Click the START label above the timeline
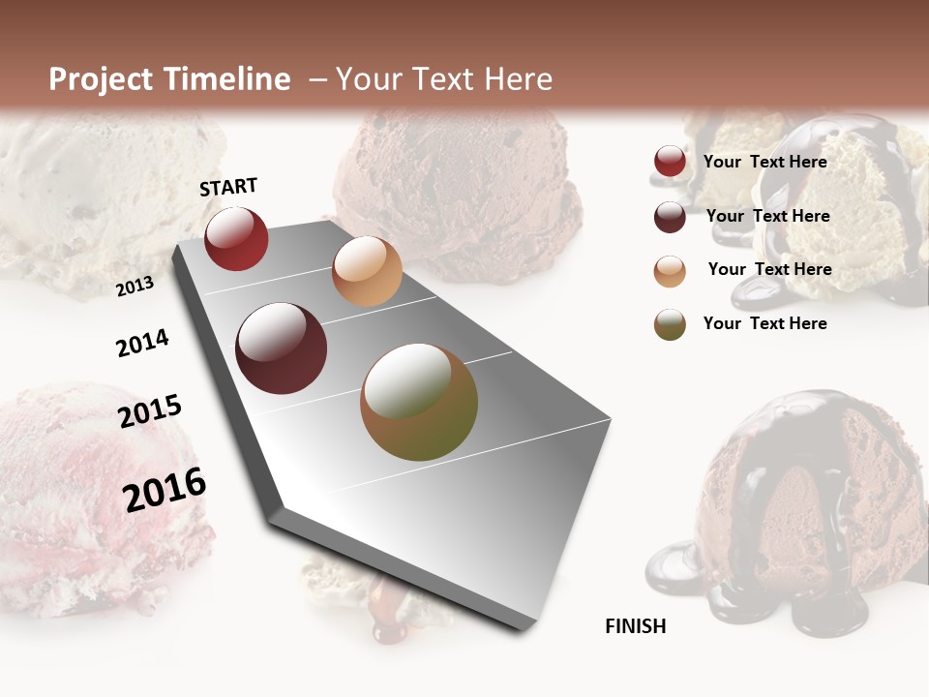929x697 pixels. [228, 187]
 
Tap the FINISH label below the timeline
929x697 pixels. [635, 626]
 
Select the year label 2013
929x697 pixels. [135, 286]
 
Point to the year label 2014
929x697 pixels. [142, 343]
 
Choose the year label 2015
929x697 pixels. [150, 411]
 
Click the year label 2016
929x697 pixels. [165, 489]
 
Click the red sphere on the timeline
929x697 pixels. [236, 238]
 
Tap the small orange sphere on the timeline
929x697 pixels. [367, 271]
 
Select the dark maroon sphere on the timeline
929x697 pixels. [282, 348]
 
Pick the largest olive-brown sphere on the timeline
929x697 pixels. [419, 402]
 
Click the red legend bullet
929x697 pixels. [670, 162]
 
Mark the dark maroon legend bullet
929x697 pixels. [670, 217]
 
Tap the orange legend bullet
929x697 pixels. [670, 271]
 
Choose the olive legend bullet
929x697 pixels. [670, 324]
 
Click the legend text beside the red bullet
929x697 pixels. [764, 162]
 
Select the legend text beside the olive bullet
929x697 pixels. [764, 323]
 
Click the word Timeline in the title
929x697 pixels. [228, 79]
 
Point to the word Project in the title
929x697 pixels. [101, 79]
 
